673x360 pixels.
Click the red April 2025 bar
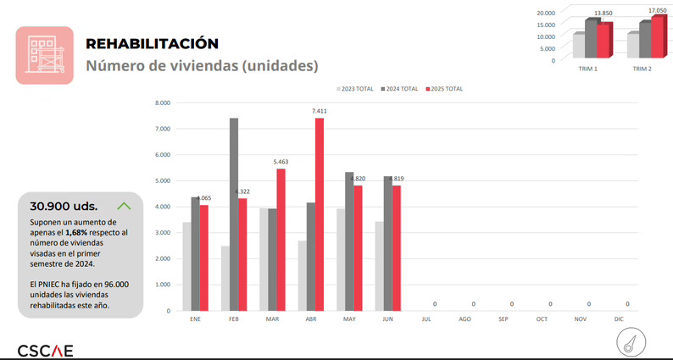(x=319, y=213)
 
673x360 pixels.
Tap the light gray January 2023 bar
(x=186, y=266)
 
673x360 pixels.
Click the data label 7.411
(x=319, y=111)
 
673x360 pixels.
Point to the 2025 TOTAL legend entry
(x=445, y=88)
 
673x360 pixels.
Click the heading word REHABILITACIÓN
(x=152, y=43)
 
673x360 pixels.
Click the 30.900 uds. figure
(x=64, y=206)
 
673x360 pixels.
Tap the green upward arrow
(x=124, y=205)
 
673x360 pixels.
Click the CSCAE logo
(x=45, y=350)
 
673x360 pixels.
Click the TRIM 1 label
(x=588, y=68)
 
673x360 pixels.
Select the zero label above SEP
(x=511, y=303)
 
